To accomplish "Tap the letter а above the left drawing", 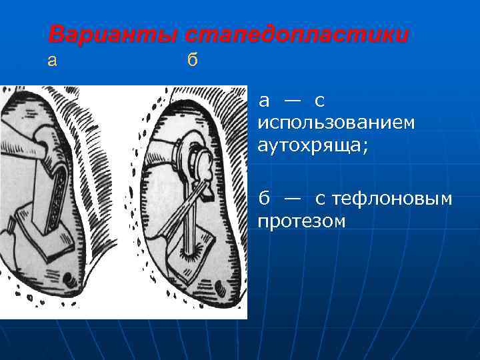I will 53,61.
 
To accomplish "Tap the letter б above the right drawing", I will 192,61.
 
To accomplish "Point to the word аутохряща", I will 313,145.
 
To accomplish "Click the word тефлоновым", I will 393,199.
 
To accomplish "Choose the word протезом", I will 301,221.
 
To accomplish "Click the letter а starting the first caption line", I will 264,101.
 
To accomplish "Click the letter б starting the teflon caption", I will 264,198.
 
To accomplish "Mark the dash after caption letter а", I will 291,101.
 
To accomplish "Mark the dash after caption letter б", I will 291,199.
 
